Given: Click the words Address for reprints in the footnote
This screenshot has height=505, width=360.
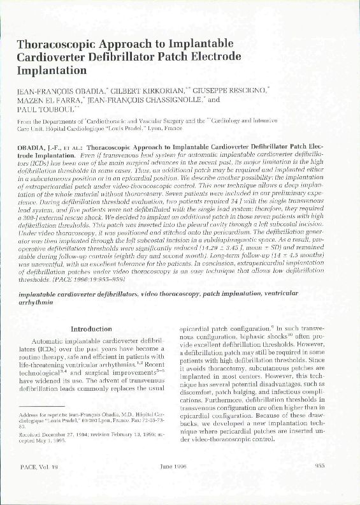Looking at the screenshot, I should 44,415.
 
